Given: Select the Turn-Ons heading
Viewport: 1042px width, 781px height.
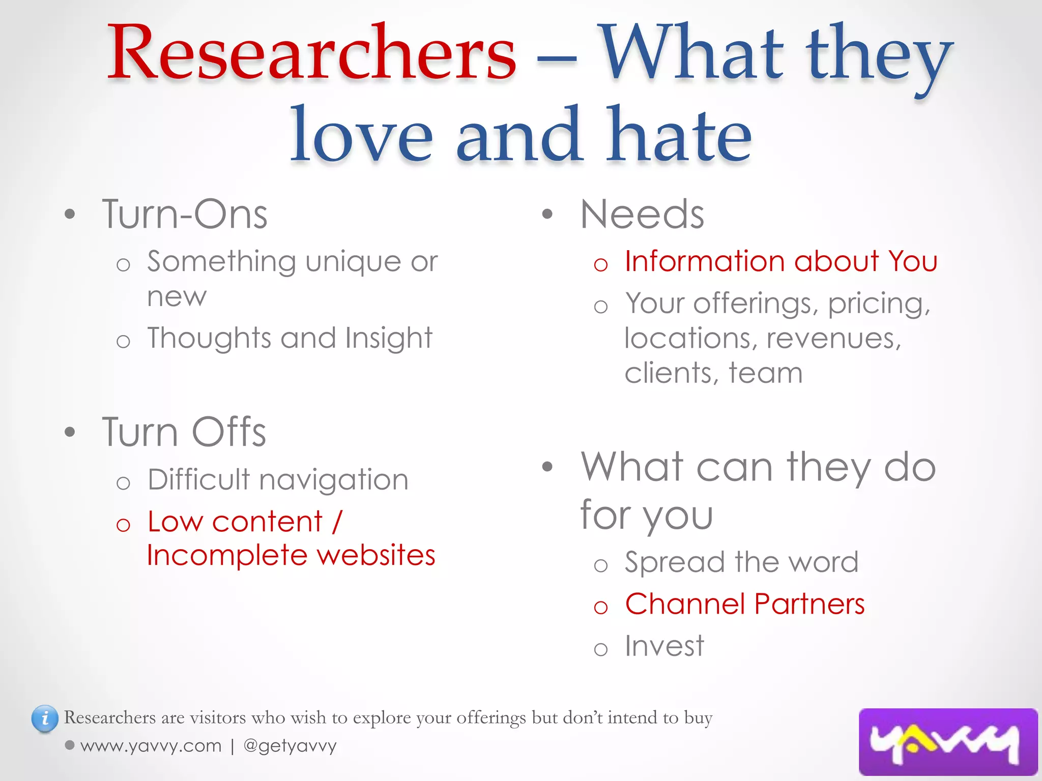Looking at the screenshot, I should pyautogui.click(x=185, y=215).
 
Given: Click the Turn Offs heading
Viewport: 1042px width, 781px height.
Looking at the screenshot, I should pyautogui.click(x=184, y=432).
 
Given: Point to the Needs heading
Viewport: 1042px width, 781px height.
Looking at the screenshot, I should pyautogui.click(x=642, y=215).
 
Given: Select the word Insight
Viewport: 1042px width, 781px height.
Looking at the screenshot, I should pyautogui.click(x=389, y=338).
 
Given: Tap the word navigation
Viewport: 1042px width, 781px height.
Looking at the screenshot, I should pyautogui.click(x=334, y=479).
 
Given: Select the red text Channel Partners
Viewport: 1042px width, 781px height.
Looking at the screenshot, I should pyautogui.click(x=745, y=604).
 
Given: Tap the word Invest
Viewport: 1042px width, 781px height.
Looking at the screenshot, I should pyautogui.click(x=664, y=646).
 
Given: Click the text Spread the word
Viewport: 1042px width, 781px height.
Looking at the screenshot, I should pyautogui.click(x=741, y=562).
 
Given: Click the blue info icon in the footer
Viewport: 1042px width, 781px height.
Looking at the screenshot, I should pyautogui.click(x=45, y=718).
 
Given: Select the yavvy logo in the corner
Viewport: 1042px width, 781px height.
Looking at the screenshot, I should pyautogui.click(x=947, y=742).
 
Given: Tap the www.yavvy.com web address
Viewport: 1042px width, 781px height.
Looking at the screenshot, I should pyautogui.click(x=151, y=746).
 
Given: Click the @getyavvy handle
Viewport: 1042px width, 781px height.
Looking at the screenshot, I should pyautogui.click(x=290, y=746).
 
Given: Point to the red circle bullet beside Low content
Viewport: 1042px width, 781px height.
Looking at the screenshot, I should pyautogui.click(x=123, y=525).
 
